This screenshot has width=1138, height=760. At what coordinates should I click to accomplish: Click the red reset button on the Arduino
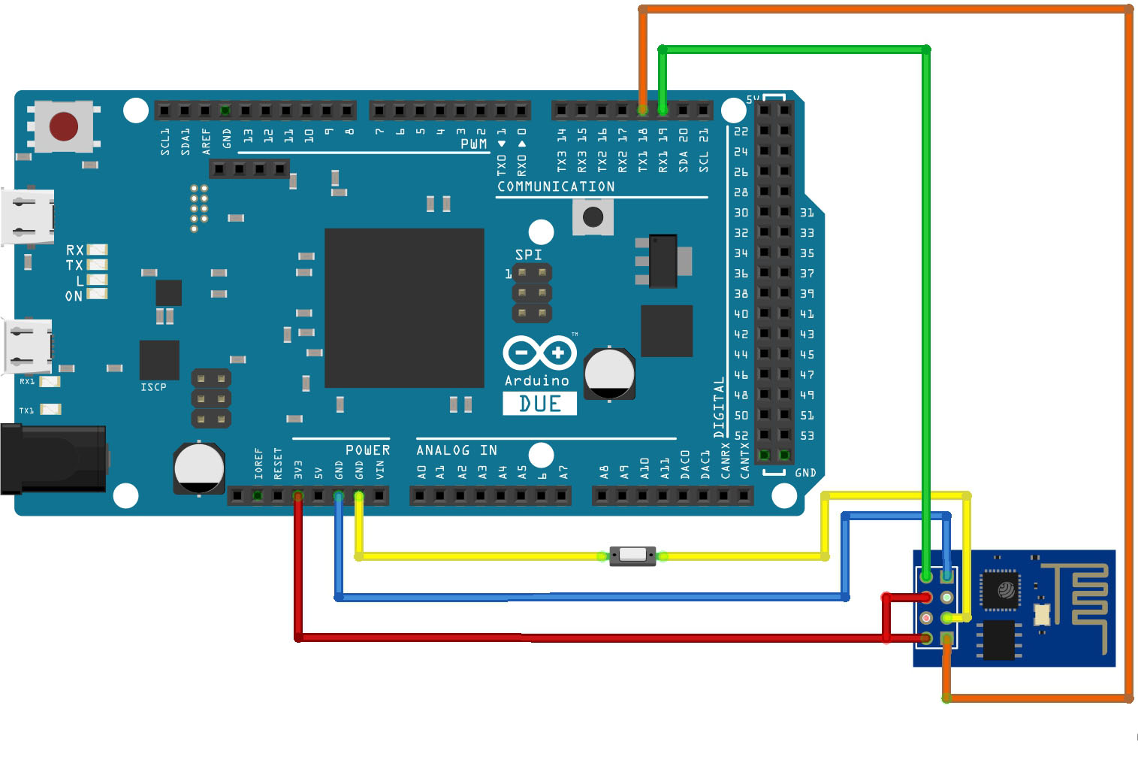pyautogui.click(x=64, y=127)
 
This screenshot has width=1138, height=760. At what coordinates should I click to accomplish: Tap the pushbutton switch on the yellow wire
pyautogui.click(x=632, y=556)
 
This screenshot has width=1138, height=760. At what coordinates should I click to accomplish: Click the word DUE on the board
pyautogui.click(x=539, y=404)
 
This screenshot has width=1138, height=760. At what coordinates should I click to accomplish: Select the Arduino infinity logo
pyautogui.click(x=539, y=353)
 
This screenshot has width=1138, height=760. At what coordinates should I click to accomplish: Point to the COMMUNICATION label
pyautogui.click(x=556, y=186)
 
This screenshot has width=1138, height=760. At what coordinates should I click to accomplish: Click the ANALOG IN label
pyautogui.click(x=457, y=450)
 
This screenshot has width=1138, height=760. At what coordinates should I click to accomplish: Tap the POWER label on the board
pyautogui.click(x=367, y=450)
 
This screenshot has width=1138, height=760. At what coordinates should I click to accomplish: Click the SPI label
pyautogui.click(x=528, y=255)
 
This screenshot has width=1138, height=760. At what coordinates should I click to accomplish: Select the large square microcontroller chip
pyautogui.click(x=404, y=308)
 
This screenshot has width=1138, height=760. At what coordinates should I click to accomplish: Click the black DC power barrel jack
pyautogui.click(x=53, y=459)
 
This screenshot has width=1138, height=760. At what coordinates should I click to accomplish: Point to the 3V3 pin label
pyautogui.click(x=298, y=470)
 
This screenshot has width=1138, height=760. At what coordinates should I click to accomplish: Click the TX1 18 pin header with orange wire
pyautogui.click(x=643, y=111)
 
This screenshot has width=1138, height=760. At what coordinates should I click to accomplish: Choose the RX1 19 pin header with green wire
pyautogui.click(x=663, y=111)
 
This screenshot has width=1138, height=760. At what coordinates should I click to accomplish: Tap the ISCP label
pyautogui.click(x=153, y=387)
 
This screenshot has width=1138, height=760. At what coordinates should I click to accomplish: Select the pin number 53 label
pyautogui.click(x=807, y=435)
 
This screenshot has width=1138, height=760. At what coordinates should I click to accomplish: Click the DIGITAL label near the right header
pyautogui.click(x=719, y=407)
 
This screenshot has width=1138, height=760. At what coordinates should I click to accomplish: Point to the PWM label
pyautogui.click(x=473, y=144)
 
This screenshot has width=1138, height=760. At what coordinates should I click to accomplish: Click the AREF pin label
pyautogui.click(x=206, y=141)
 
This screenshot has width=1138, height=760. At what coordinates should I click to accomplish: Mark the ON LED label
pyautogui.click(x=74, y=296)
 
